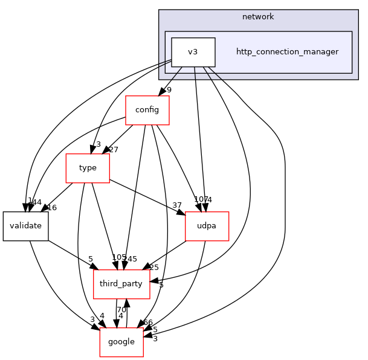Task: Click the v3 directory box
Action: (x=193, y=52)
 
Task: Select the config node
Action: (x=147, y=110)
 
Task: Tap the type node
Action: (x=88, y=168)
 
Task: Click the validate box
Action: (x=25, y=226)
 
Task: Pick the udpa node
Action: (x=207, y=226)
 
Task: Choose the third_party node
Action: (x=121, y=284)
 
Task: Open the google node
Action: (x=121, y=342)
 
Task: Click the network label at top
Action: (x=258, y=17)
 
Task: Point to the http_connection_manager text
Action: (x=287, y=52)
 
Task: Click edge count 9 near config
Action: (x=169, y=91)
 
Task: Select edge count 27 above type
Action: (x=113, y=150)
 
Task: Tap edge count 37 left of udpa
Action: (x=177, y=206)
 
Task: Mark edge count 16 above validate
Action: (x=52, y=208)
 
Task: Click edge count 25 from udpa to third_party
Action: (x=153, y=268)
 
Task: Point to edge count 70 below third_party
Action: (x=121, y=310)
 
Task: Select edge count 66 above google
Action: (x=147, y=323)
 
